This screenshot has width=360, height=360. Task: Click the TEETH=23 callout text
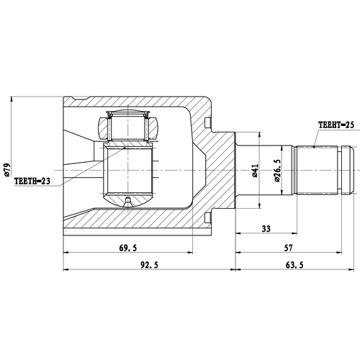pos(32,182)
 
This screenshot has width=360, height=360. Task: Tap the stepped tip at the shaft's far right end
pos(348,170)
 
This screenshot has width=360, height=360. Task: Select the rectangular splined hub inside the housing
pos(128,171)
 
